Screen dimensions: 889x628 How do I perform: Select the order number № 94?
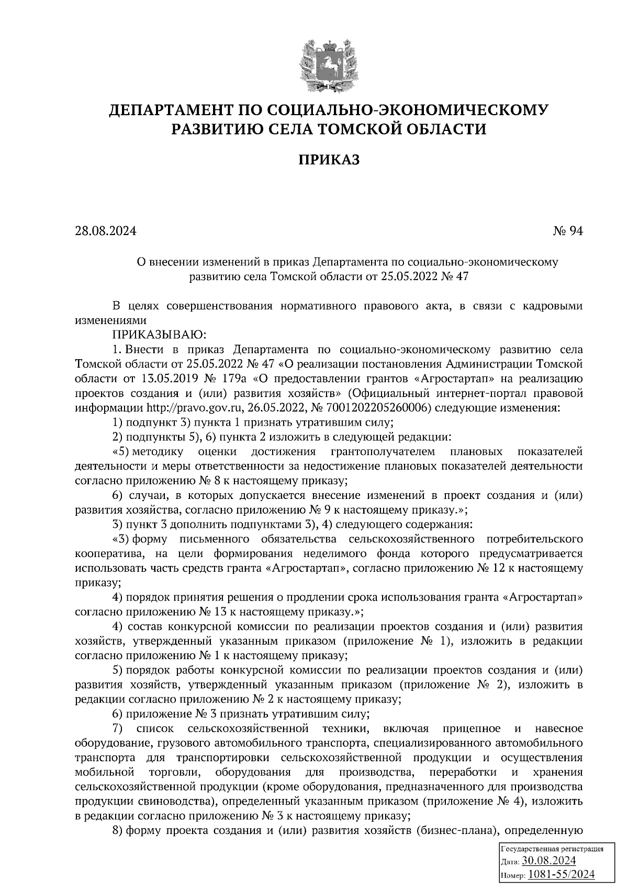(x=568, y=231)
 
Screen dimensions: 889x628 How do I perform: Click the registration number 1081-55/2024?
(x=560, y=874)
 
